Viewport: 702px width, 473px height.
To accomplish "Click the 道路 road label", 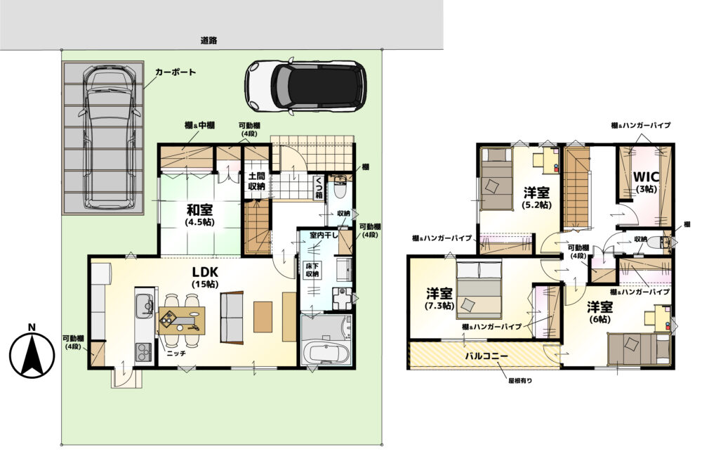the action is [208, 40].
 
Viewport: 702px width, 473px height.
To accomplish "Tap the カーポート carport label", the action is [175, 72].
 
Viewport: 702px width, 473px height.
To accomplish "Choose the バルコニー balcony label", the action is [486, 356].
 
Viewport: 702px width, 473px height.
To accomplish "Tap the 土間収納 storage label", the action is [256, 181].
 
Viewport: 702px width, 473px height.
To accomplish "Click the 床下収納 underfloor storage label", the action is [312, 269].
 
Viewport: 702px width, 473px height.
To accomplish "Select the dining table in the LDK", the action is [181, 320].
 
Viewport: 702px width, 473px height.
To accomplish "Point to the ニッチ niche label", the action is [176, 354].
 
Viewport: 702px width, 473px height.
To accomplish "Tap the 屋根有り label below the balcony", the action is [520, 381].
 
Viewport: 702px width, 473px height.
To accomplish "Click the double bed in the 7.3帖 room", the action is [479, 290].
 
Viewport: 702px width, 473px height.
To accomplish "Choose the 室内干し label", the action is [324, 235].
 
